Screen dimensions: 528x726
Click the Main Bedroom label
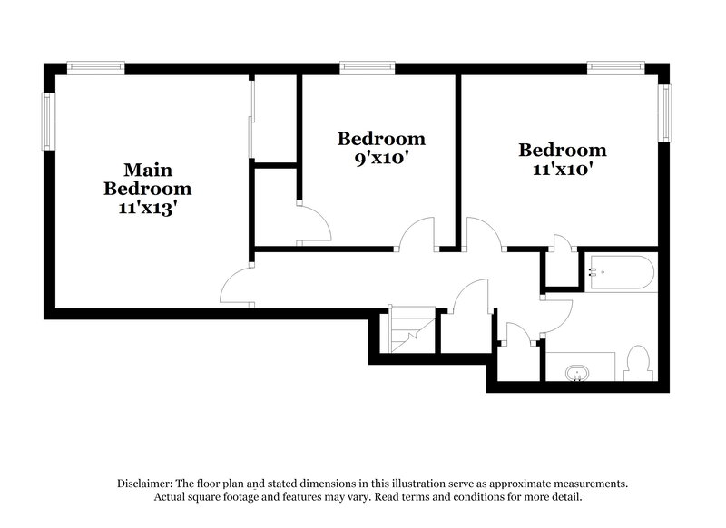[148, 180]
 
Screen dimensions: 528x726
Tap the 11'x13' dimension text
[148, 209]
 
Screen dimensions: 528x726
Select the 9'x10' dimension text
[381, 158]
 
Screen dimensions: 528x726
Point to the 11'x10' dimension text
[562, 169]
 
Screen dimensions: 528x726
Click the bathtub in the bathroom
[620, 272]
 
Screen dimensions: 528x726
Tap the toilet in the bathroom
[638, 364]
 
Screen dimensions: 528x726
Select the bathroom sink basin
[577, 373]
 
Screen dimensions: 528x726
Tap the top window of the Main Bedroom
[95, 66]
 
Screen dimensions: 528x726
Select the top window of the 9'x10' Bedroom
[368, 66]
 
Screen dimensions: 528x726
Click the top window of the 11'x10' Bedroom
[615, 66]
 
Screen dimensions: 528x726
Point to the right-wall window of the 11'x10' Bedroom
[664, 113]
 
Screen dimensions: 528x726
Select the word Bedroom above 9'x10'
[381, 139]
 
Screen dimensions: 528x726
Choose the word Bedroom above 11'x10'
[562, 150]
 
